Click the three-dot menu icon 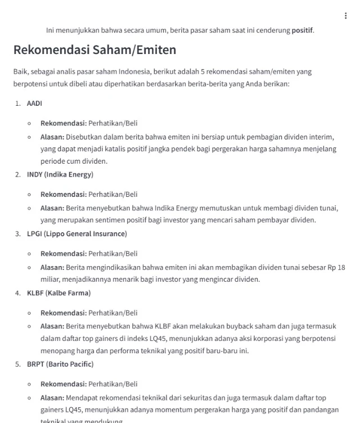pyautogui.click(x=345, y=16)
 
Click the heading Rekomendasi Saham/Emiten pyautogui.click(x=94, y=50)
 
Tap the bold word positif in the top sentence pyautogui.click(x=302, y=30)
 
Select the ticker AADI pyautogui.click(x=34, y=103)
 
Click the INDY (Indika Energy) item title pyautogui.click(x=60, y=174)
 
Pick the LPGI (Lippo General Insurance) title pyautogui.click(x=77, y=233)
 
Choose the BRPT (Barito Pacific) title pyautogui.click(x=60, y=364)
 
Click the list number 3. pyautogui.click(x=19, y=233)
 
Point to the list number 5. pyautogui.click(x=19, y=364)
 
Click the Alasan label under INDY pyautogui.click(x=52, y=208)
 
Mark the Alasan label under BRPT pyautogui.click(x=52, y=398)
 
